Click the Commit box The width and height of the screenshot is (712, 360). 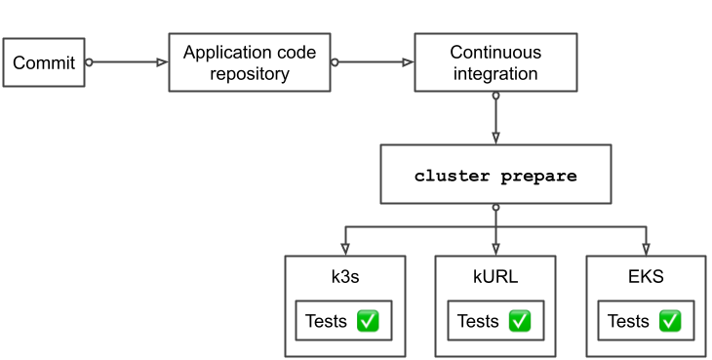44,63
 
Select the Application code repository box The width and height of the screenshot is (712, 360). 250,63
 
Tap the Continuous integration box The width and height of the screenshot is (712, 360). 494,62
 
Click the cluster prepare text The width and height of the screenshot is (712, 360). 495,176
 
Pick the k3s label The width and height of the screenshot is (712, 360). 344,276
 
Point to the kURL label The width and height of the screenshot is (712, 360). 494,276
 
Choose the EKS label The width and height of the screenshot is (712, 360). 646,276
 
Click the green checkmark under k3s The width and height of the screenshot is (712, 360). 368,321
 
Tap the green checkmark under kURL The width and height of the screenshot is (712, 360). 519,321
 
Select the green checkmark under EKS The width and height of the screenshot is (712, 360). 670,321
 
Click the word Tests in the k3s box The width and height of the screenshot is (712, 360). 326,321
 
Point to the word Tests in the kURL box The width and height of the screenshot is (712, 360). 477,321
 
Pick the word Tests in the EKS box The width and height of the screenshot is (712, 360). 628,321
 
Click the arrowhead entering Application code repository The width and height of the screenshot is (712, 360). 162,62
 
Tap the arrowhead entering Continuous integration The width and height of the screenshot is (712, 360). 408,62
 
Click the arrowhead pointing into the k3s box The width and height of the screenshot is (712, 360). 344,249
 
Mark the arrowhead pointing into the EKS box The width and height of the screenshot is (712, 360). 646,249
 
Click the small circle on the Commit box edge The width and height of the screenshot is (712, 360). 89,62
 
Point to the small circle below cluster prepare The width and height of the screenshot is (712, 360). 495,207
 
